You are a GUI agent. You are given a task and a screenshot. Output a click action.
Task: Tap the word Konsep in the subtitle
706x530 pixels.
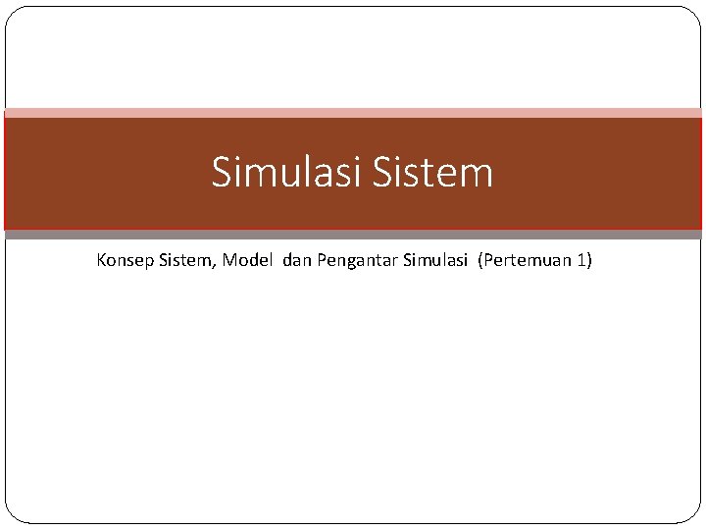coord(125,261)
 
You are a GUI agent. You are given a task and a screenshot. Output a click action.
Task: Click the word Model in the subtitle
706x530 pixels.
coord(248,261)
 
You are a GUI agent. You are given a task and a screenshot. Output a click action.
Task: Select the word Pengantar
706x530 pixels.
coord(357,262)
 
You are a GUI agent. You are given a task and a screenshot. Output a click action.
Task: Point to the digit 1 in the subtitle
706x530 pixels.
coord(582,261)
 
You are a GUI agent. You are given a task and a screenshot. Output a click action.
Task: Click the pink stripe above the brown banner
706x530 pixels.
coord(353,113)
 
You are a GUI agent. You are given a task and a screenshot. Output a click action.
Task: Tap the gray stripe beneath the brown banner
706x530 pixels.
coord(353,235)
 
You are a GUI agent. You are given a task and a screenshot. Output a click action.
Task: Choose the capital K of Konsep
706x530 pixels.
coord(102,261)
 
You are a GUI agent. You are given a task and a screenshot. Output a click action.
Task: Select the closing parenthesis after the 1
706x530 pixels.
coord(590,261)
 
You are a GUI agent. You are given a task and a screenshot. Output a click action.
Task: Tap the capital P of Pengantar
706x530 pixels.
coord(322,261)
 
